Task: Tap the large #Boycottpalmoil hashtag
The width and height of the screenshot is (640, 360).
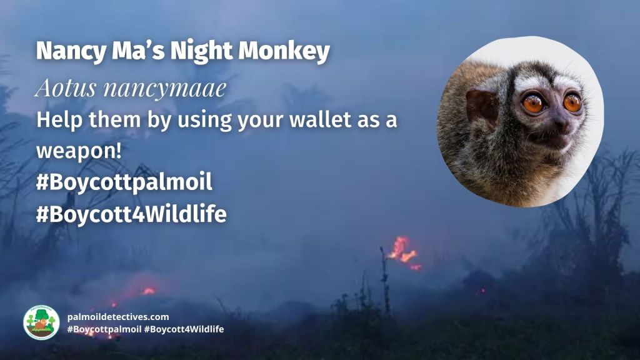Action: coord(124,182)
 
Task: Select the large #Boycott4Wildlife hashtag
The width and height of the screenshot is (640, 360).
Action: coord(131,214)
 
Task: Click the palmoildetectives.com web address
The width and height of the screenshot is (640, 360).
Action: coord(118,317)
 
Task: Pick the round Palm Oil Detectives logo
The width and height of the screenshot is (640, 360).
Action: coord(41,322)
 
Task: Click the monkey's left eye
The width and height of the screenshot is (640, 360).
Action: coord(532,104)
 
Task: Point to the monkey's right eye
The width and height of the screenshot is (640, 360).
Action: coord(572,102)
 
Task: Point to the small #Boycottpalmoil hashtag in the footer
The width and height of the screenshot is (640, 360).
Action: coord(104,329)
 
